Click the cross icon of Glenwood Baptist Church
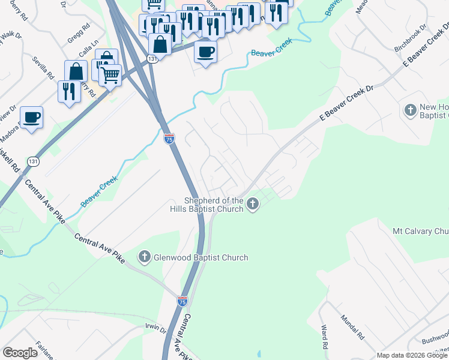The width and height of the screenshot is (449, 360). pyautogui.click(x=144, y=257)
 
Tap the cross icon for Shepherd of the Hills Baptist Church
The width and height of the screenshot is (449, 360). pyautogui.click(x=253, y=205)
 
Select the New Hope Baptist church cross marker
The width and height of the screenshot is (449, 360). pyautogui.click(x=411, y=110)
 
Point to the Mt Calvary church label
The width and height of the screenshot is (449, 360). pyautogui.click(x=420, y=231)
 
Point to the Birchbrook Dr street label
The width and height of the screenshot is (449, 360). pyautogui.click(x=410, y=38)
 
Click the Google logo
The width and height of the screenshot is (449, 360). pyautogui.click(x=20, y=353)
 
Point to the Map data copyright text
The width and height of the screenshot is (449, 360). pyautogui.click(x=412, y=355)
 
